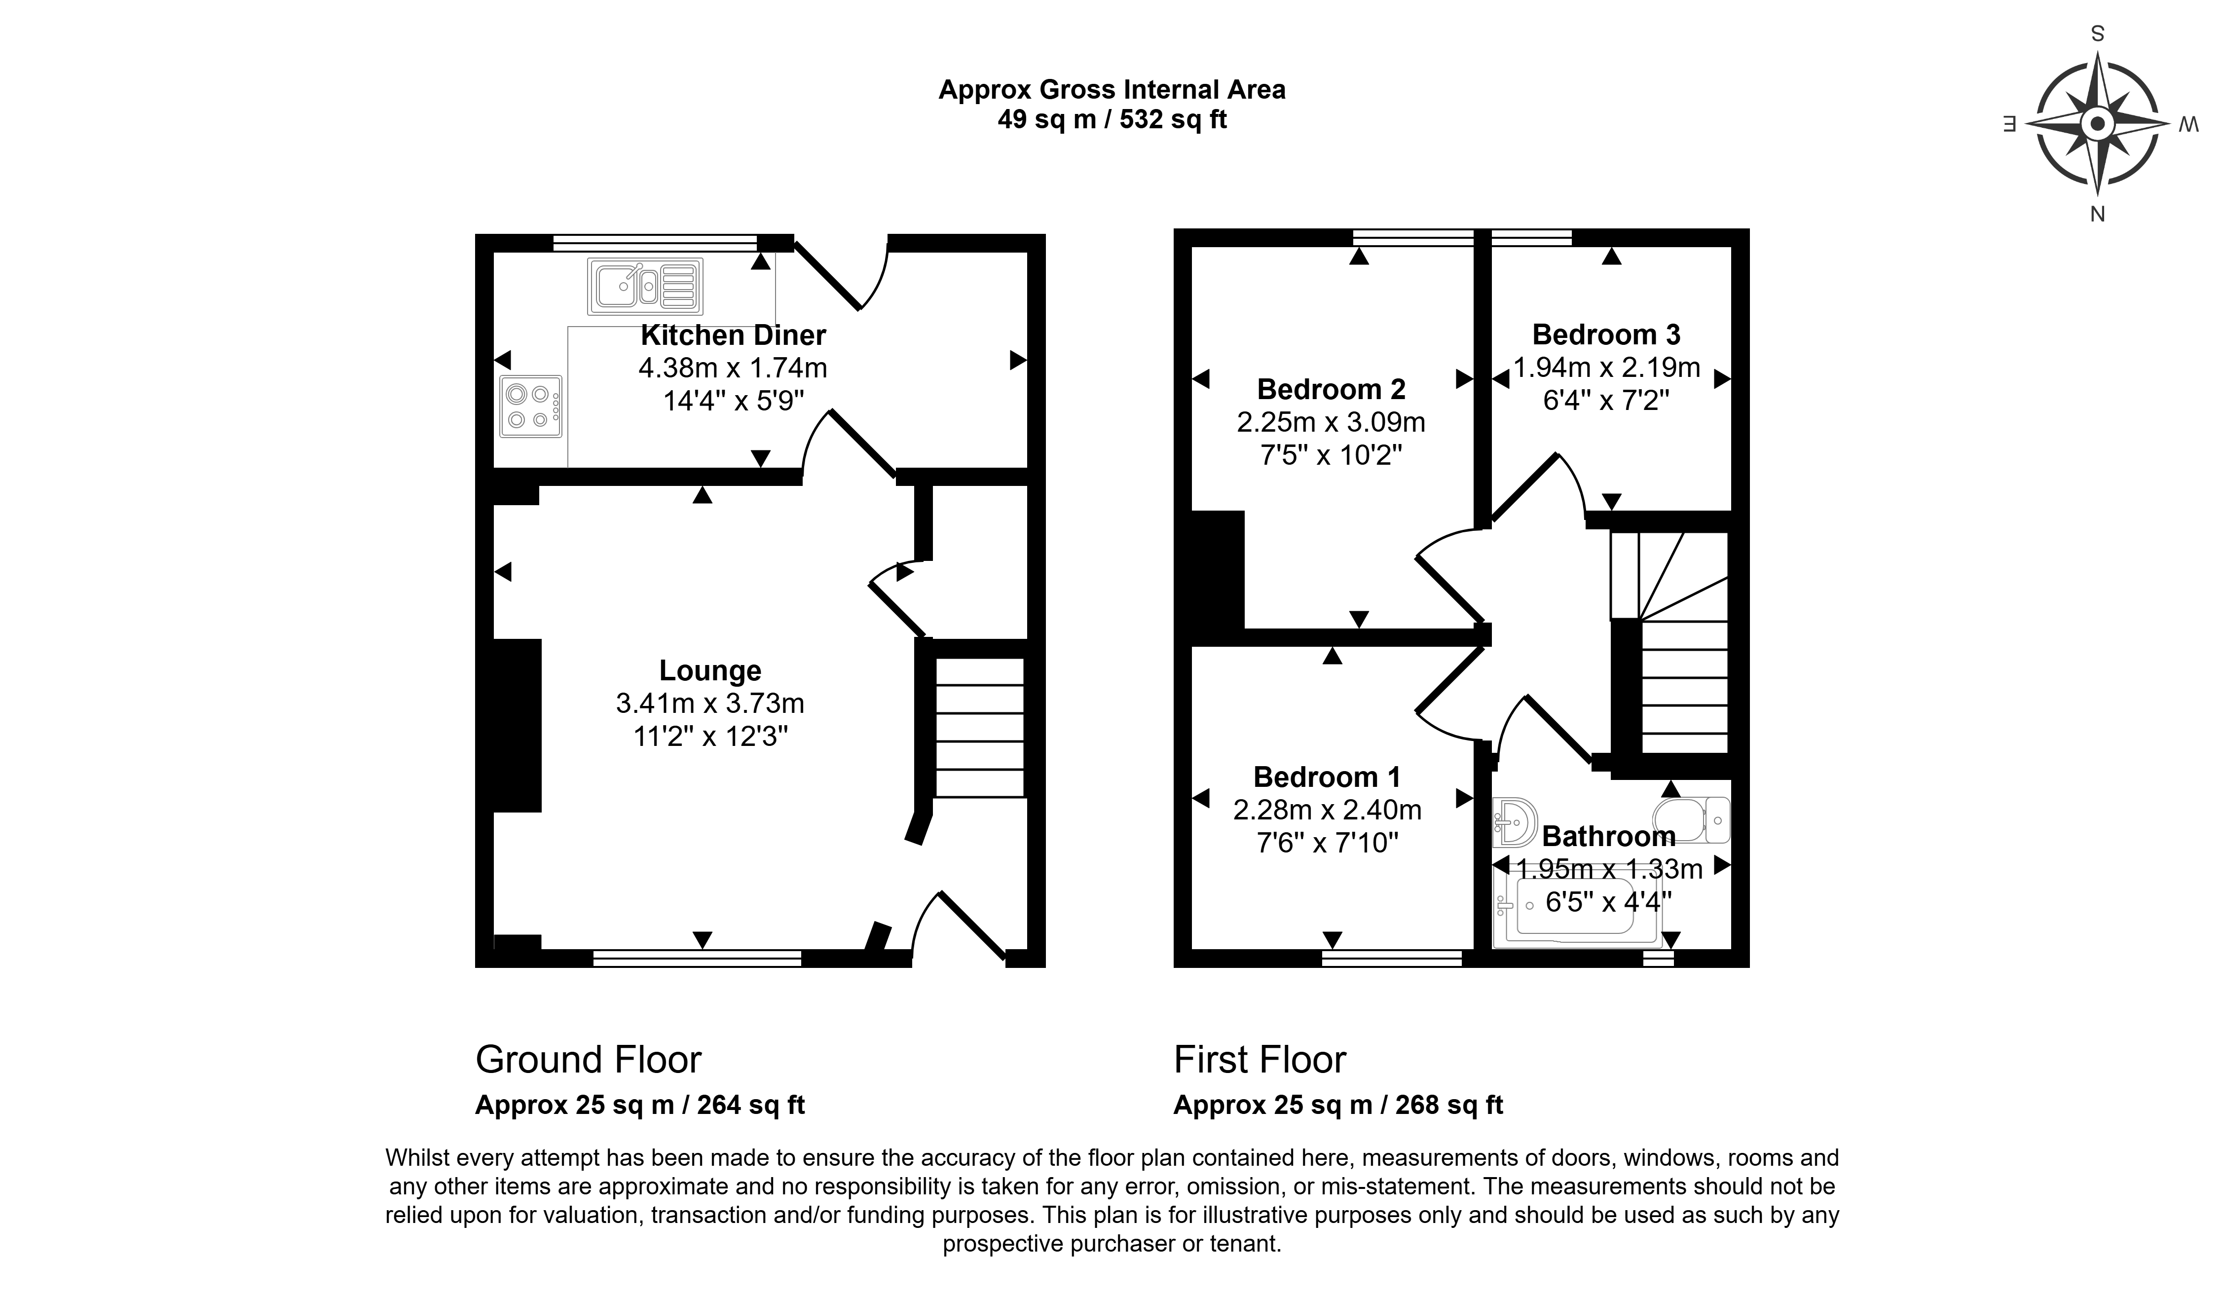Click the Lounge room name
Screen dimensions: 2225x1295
pos(710,671)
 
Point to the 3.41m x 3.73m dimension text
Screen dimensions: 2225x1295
pos(710,703)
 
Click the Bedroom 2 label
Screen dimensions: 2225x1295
pos(1332,389)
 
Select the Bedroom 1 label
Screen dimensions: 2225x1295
pos(1327,777)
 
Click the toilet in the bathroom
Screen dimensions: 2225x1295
pos(1691,820)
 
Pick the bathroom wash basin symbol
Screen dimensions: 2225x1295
pos(1515,822)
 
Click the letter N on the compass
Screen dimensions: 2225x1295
pos(2098,214)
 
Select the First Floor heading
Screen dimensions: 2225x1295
pos(1260,1059)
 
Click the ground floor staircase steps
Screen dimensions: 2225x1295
pos(979,728)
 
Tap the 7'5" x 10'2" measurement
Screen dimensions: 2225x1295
pos(1332,455)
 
